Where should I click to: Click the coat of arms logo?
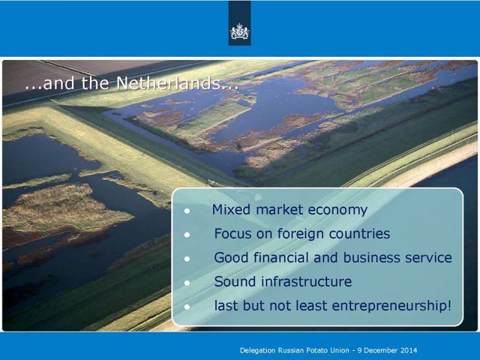239,31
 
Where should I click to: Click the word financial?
281,257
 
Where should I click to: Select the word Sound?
235,281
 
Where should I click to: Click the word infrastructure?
307,281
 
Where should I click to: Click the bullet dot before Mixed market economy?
187,211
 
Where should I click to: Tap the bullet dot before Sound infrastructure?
187,283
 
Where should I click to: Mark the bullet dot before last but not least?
187,307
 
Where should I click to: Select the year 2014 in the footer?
409,350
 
